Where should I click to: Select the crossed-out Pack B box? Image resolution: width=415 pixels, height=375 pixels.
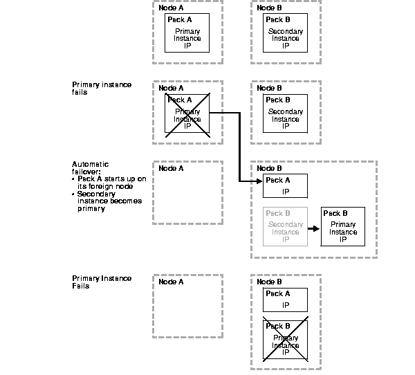[x=286, y=341]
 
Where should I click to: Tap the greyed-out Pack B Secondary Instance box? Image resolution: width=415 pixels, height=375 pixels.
[x=286, y=225]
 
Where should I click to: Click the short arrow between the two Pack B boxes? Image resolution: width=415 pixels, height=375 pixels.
[x=313, y=226]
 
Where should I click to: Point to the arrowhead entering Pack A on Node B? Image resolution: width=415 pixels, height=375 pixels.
[x=259, y=181]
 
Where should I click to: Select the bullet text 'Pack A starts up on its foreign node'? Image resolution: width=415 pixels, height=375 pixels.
[x=111, y=182]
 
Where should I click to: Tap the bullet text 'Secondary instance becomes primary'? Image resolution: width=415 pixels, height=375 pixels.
[x=109, y=201]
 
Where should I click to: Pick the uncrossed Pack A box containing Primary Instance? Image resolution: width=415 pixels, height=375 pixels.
[x=187, y=33]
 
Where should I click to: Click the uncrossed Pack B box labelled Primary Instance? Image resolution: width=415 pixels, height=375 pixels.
[x=343, y=226]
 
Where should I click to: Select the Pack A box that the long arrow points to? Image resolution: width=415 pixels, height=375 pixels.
[x=286, y=185]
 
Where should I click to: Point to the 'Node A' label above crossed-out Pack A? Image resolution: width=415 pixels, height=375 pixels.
[x=171, y=88]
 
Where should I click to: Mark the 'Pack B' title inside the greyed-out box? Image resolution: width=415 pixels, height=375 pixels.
[x=277, y=213]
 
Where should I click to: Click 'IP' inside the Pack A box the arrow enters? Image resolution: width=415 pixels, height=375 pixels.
[x=286, y=192]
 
